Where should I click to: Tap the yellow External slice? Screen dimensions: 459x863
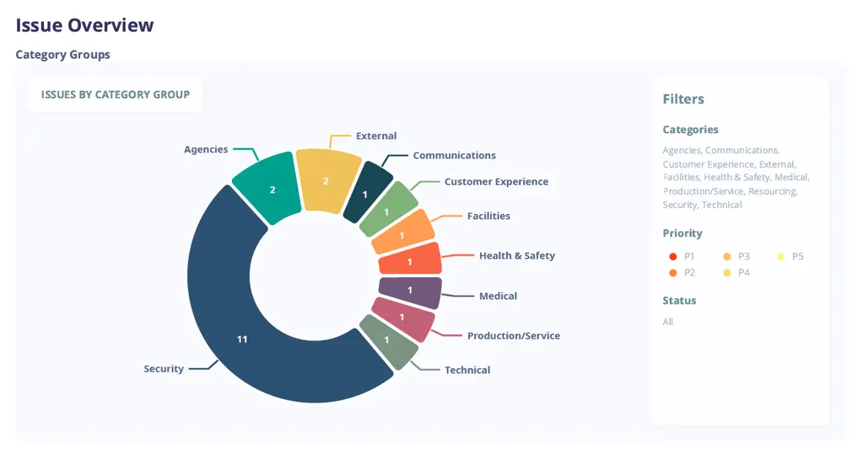[327, 180]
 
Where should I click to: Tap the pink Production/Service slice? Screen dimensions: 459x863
[402, 317]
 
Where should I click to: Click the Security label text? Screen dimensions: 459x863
[163, 369]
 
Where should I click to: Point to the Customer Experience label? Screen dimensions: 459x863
[496, 182]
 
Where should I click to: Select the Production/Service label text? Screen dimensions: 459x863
[513, 336]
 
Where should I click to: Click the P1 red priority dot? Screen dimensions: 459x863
[673, 256]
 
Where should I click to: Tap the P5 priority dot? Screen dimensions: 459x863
[781, 256]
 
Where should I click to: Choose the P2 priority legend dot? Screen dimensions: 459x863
[673, 273]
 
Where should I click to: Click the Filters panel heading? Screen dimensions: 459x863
[683, 99]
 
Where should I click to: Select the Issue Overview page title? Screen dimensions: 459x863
[85, 25]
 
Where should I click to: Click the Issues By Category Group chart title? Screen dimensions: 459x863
[116, 95]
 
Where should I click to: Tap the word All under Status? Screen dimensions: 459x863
[668, 322]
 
